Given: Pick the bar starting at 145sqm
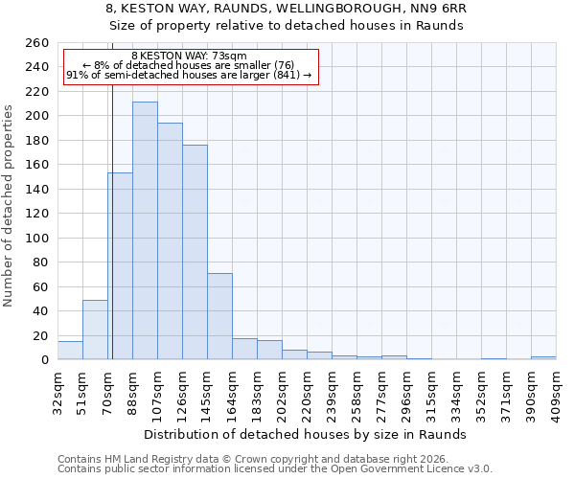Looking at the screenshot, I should tap(219, 316).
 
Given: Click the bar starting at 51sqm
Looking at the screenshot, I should tap(95, 330).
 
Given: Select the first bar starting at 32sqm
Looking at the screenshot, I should tap(70, 351).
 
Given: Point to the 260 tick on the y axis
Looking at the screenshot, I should tap(38, 43).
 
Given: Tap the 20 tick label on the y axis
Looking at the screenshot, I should tap(42, 336).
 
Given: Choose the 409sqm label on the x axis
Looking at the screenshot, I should tap(556, 393).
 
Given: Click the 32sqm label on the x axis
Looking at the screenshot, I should tap(57, 393).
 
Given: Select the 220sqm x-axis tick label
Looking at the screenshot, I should tap(307, 393).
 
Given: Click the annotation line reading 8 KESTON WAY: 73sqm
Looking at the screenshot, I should tap(189, 57).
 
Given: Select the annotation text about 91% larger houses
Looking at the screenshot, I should tap(189, 75).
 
